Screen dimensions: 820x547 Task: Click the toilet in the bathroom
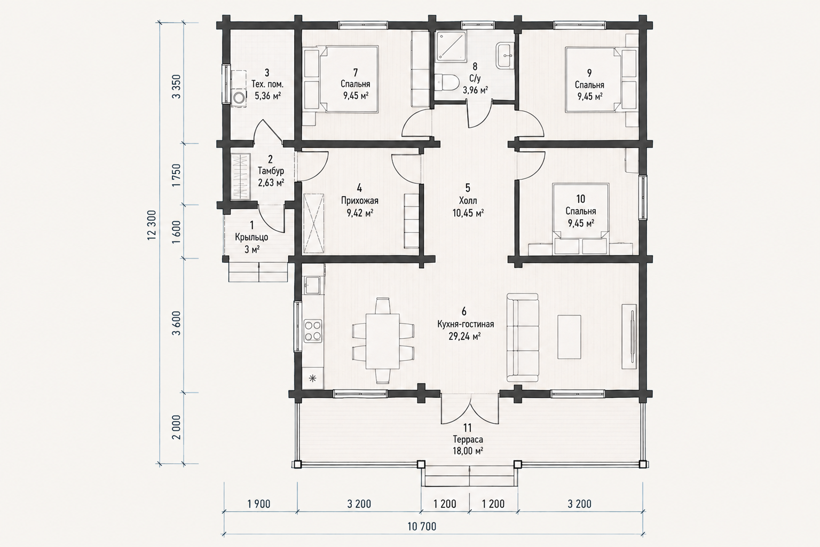(x=447, y=82)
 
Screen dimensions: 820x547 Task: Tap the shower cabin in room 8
(x=451, y=46)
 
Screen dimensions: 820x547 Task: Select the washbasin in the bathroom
(x=504, y=56)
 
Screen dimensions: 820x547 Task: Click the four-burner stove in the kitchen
(x=313, y=331)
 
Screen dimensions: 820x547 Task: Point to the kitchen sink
(x=313, y=285)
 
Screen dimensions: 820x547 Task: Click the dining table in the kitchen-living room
(x=383, y=341)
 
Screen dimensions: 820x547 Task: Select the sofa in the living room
(x=523, y=338)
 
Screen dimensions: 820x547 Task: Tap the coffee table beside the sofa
(x=569, y=337)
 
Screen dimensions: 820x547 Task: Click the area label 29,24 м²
(x=464, y=337)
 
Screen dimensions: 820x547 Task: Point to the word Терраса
(x=468, y=439)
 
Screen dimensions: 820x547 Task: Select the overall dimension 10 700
(x=422, y=527)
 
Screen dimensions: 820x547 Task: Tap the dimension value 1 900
(x=259, y=504)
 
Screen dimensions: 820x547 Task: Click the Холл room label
(x=468, y=200)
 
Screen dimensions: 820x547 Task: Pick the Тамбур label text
(x=271, y=171)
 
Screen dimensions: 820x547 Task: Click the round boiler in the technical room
(x=239, y=98)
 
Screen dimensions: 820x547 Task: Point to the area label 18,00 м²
(x=468, y=451)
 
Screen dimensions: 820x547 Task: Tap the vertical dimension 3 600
(x=176, y=323)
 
